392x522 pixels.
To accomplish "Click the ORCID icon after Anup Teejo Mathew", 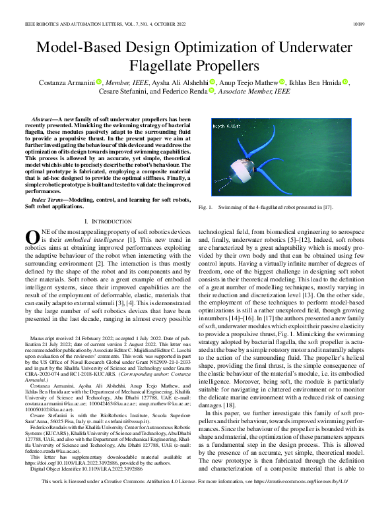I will click(282, 82).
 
